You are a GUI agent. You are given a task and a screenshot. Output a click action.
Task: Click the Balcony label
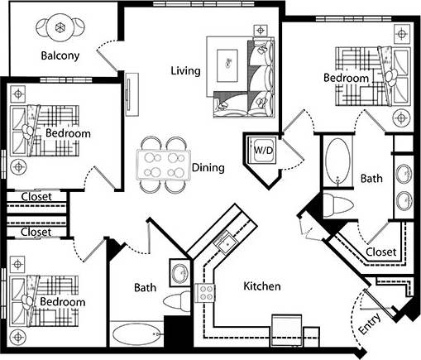coord(60,56)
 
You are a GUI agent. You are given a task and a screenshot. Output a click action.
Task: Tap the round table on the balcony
coord(60,26)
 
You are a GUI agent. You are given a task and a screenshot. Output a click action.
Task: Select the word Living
coord(185,70)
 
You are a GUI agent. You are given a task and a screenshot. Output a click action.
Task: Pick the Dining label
coord(208,168)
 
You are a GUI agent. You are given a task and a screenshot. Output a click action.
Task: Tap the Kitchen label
coord(261,286)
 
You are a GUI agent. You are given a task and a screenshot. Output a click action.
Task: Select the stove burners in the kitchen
coord(204,292)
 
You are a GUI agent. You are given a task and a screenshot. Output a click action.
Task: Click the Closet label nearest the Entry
coord(380,252)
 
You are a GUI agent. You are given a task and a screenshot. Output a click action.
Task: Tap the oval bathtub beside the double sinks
coord(337,163)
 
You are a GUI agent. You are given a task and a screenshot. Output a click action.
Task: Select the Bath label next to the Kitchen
coord(146,288)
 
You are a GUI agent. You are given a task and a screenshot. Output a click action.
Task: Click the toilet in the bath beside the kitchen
coord(176,299)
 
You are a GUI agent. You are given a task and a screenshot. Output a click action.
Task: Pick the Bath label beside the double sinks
coord(371,178)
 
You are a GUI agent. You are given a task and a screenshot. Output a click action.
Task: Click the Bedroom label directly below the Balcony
coord(67,133)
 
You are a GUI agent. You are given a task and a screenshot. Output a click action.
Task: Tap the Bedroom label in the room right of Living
coord(345,78)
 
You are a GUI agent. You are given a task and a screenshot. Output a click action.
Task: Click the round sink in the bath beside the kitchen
coord(179,273)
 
